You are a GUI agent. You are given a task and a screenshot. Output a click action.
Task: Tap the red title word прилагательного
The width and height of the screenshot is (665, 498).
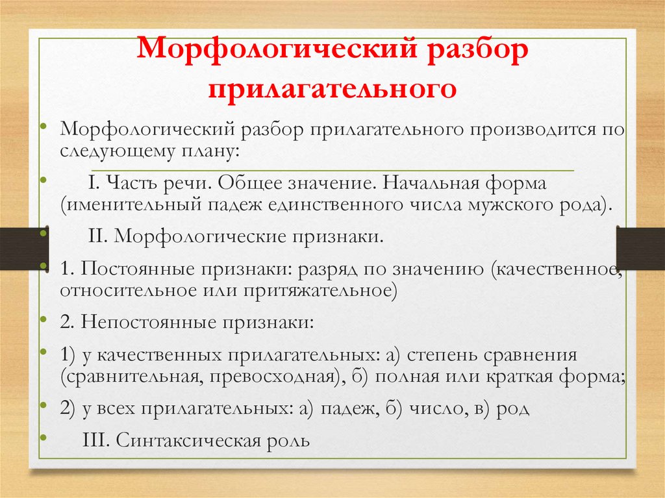click(332, 87)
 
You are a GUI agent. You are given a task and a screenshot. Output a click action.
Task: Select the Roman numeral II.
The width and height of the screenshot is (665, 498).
click(97, 236)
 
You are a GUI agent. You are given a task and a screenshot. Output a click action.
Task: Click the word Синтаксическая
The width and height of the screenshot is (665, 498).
click(188, 440)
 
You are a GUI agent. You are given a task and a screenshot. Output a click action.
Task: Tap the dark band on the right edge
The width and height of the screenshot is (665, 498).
click(639, 247)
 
